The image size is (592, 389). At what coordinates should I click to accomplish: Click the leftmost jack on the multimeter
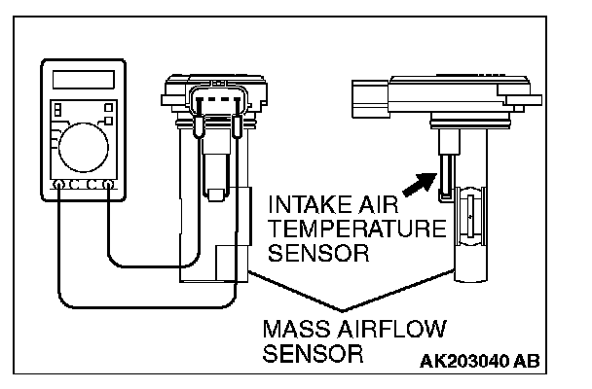click(x=59, y=183)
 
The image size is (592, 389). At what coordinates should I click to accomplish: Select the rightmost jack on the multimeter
click(x=109, y=183)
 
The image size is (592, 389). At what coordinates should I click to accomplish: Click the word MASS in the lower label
click(x=293, y=327)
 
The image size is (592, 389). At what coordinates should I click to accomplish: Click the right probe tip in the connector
click(x=237, y=126)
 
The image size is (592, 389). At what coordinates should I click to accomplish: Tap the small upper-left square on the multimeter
click(x=56, y=108)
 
